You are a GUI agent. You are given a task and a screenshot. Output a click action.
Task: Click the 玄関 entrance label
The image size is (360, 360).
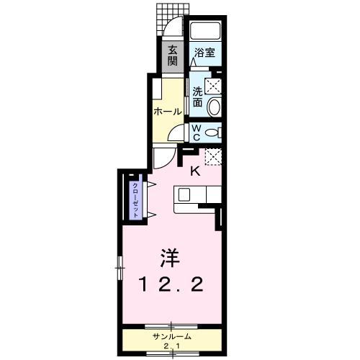(x=173, y=55)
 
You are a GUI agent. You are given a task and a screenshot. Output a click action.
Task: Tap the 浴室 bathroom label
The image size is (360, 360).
(x=205, y=53)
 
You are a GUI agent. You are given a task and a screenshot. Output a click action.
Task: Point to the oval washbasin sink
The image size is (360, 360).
(x=214, y=107)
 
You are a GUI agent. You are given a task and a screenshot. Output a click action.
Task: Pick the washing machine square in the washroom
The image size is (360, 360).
(x=214, y=86)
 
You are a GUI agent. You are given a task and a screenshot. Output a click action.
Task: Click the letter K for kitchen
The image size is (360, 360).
(x=195, y=171)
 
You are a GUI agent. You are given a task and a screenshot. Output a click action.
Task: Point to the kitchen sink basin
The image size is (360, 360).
(x=184, y=195)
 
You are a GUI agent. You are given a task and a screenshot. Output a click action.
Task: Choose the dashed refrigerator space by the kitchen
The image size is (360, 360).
(x=213, y=156)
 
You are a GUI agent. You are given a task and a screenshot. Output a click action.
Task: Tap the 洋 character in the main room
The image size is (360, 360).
(x=170, y=257)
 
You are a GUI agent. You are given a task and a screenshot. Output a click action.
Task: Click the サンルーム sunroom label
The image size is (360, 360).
(x=171, y=337)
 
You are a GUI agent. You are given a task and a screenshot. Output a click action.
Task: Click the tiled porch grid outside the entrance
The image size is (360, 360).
(x=166, y=16)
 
